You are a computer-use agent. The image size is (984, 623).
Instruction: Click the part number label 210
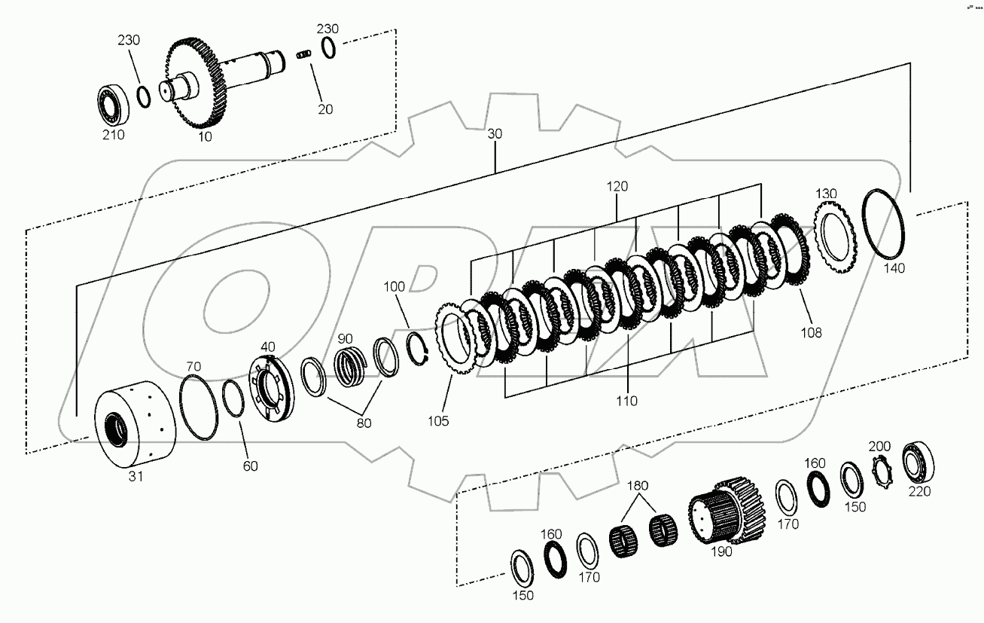pyautogui.click(x=113, y=136)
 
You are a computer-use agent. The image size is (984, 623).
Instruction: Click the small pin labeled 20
pyautogui.click(x=303, y=56)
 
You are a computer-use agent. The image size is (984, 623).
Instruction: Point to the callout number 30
pyautogui.click(x=495, y=133)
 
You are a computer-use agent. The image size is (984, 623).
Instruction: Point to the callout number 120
pyautogui.click(x=617, y=186)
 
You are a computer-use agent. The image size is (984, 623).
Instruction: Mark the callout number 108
pyautogui.click(x=812, y=332)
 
